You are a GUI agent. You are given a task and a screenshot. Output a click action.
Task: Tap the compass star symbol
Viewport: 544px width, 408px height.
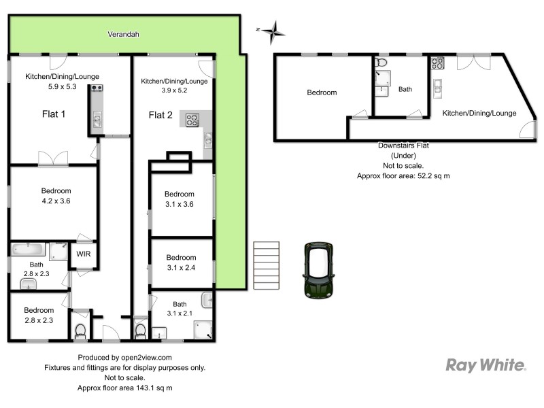point(274,30)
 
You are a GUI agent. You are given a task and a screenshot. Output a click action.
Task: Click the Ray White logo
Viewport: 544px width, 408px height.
point(486,366)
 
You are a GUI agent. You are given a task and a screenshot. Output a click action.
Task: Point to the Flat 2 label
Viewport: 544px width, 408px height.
point(161,115)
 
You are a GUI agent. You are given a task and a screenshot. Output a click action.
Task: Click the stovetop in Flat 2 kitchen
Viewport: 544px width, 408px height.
point(192,120)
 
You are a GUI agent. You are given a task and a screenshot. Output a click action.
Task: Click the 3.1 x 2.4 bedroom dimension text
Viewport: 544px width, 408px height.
point(180,267)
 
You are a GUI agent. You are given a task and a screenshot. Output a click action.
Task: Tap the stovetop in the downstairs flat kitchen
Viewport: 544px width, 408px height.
point(436,63)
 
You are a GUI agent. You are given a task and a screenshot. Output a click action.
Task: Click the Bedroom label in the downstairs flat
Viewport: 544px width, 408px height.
point(322,92)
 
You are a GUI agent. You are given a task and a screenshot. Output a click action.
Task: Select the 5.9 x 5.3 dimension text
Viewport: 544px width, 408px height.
point(52,87)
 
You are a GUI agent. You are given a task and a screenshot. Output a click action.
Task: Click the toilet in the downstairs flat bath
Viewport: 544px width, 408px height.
point(381,63)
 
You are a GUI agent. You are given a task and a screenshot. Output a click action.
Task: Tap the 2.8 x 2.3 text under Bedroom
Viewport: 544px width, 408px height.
point(39,320)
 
